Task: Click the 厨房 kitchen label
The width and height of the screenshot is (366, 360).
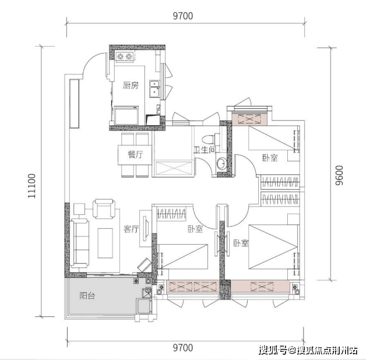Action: tap(131, 86)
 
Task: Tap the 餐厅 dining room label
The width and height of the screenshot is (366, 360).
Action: tap(136, 155)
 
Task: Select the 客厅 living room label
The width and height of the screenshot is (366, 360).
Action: tap(131, 229)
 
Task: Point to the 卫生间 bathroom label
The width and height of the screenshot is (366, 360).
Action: tap(205, 150)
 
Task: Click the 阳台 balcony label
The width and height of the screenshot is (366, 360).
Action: tap(87, 296)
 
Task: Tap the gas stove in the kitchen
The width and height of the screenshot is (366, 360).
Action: tap(125, 57)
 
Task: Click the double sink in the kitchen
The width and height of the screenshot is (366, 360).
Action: tap(155, 89)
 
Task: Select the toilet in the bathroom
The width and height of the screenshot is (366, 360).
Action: tap(210, 139)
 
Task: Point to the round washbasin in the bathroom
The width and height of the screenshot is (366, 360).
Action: tap(221, 164)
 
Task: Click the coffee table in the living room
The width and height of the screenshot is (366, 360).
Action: tap(105, 243)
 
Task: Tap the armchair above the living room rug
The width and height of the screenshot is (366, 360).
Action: tap(104, 209)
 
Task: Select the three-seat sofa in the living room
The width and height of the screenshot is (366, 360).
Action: tap(79, 243)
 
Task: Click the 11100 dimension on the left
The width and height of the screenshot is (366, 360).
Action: tap(31, 186)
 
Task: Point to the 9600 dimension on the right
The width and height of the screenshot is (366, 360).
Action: tap(339, 175)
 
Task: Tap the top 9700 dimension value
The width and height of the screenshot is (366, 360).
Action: tap(183, 16)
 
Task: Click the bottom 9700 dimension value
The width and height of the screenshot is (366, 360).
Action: tap(183, 348)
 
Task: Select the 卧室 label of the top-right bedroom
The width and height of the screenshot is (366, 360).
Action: tap(270, 158)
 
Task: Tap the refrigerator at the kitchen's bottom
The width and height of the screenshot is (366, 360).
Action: tap(126, 115)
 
